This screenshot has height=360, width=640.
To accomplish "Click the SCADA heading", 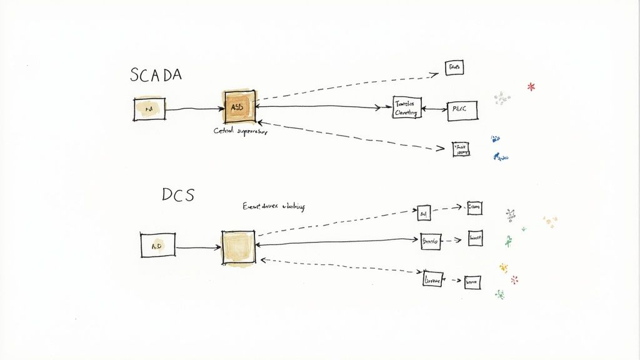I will [156, 75].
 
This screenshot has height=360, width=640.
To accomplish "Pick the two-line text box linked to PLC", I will [407, 108].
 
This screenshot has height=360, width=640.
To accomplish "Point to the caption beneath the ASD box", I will [240, 131].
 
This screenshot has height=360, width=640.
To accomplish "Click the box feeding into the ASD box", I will [149, 109].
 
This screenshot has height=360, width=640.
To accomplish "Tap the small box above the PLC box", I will [454, 67].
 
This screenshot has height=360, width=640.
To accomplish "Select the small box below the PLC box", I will [461, 149].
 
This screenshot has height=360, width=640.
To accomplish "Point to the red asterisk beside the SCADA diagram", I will [531, 86].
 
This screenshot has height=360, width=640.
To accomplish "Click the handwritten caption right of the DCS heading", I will [273, 207].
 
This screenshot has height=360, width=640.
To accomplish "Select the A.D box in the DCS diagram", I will [157, 245].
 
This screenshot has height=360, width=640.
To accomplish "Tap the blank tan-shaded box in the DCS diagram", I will [238, 246].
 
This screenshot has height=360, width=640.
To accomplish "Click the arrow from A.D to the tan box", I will [197, 248].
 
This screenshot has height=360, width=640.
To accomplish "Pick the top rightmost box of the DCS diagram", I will [474, 208].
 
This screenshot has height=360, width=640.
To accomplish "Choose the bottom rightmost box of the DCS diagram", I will [472, 282].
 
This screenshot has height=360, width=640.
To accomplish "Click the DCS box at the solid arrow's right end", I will [430, 241].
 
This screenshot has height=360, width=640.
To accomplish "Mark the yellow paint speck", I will [503, 267].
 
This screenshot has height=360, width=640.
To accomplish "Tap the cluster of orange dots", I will [550, 221].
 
